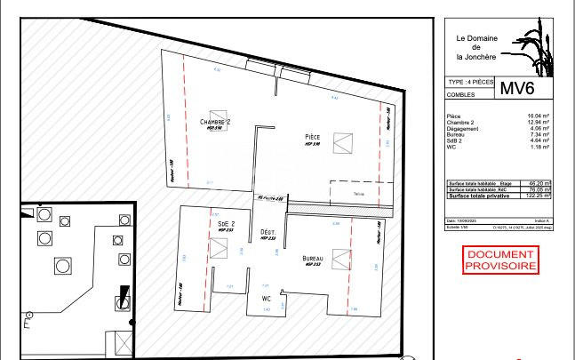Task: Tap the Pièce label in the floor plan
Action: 312,136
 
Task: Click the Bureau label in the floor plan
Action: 312,258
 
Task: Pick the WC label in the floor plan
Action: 266,298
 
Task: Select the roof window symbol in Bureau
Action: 339,255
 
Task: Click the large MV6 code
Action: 518,89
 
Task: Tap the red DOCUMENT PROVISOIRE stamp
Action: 501,260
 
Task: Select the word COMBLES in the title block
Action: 462,92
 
